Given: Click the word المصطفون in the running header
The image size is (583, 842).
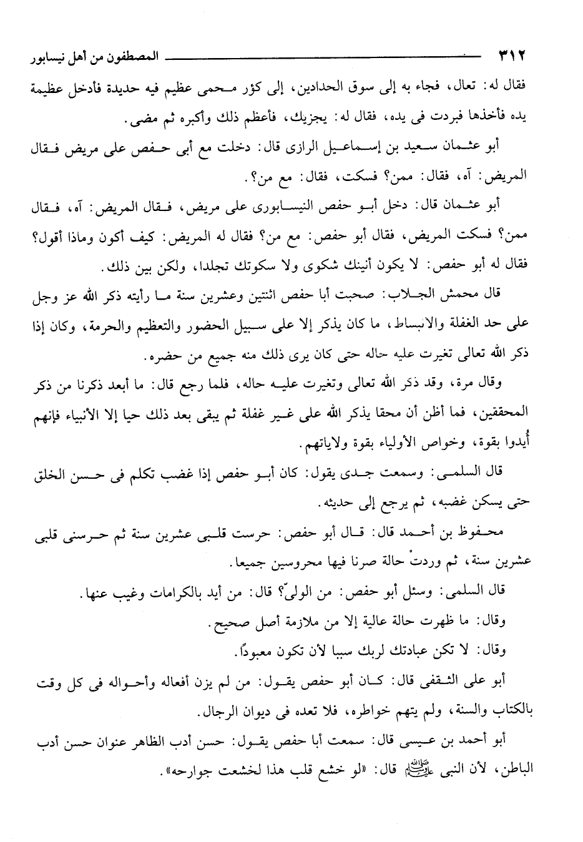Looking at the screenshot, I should pos(134,57).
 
